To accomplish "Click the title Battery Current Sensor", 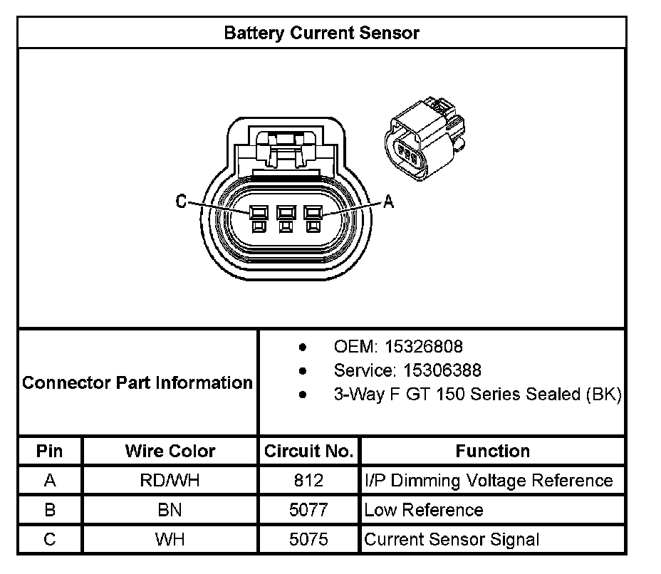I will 321,33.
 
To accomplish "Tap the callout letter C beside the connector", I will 182,202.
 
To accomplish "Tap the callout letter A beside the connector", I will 388,202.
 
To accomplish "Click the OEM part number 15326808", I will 423,347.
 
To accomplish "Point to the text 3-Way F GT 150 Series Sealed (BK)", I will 477,395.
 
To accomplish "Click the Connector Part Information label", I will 137,382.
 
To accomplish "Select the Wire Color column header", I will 170,451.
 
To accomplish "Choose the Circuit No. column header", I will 308,451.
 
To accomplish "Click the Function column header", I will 492,451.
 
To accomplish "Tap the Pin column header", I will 50,451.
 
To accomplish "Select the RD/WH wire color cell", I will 170,481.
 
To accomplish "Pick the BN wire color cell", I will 170,510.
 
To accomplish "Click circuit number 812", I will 308,481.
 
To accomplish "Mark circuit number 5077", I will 308,510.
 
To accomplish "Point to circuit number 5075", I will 308,539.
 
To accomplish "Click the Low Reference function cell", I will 423,510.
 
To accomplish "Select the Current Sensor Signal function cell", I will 452,539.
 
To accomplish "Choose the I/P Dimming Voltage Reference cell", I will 489,481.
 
